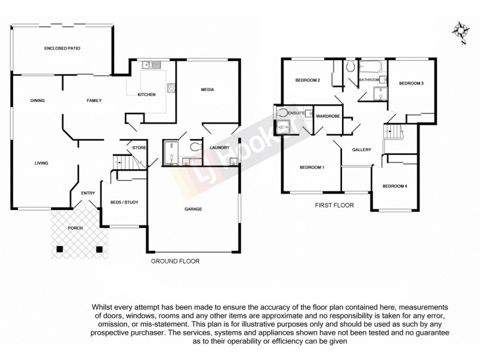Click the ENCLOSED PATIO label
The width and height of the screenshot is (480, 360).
62,47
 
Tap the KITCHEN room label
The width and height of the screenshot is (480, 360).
146,95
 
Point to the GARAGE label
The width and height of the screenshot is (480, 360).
193,209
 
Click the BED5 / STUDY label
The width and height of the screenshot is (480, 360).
125,202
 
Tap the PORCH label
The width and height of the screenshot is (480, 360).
75,229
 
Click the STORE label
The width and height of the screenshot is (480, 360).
140,148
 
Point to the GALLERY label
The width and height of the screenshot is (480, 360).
362,150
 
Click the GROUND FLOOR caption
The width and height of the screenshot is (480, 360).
175,262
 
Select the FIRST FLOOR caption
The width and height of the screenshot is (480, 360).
334,205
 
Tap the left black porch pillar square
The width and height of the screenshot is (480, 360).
59,248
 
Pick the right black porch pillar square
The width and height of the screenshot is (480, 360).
100,248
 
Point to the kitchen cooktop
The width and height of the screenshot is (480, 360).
171,88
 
